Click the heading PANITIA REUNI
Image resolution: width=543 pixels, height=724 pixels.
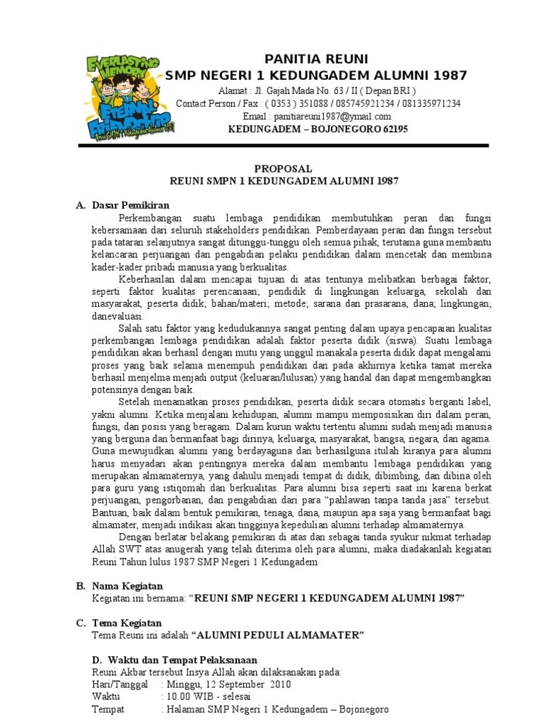(316, 59)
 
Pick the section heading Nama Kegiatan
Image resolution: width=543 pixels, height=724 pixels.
(127, 586)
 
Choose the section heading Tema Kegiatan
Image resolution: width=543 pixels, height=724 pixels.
(127, 623)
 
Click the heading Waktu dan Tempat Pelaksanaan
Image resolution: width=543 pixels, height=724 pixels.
(176, 660)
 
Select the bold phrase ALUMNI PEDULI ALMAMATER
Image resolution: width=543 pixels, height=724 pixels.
(280, 635)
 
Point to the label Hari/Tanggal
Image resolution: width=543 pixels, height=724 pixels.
(120, 684)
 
